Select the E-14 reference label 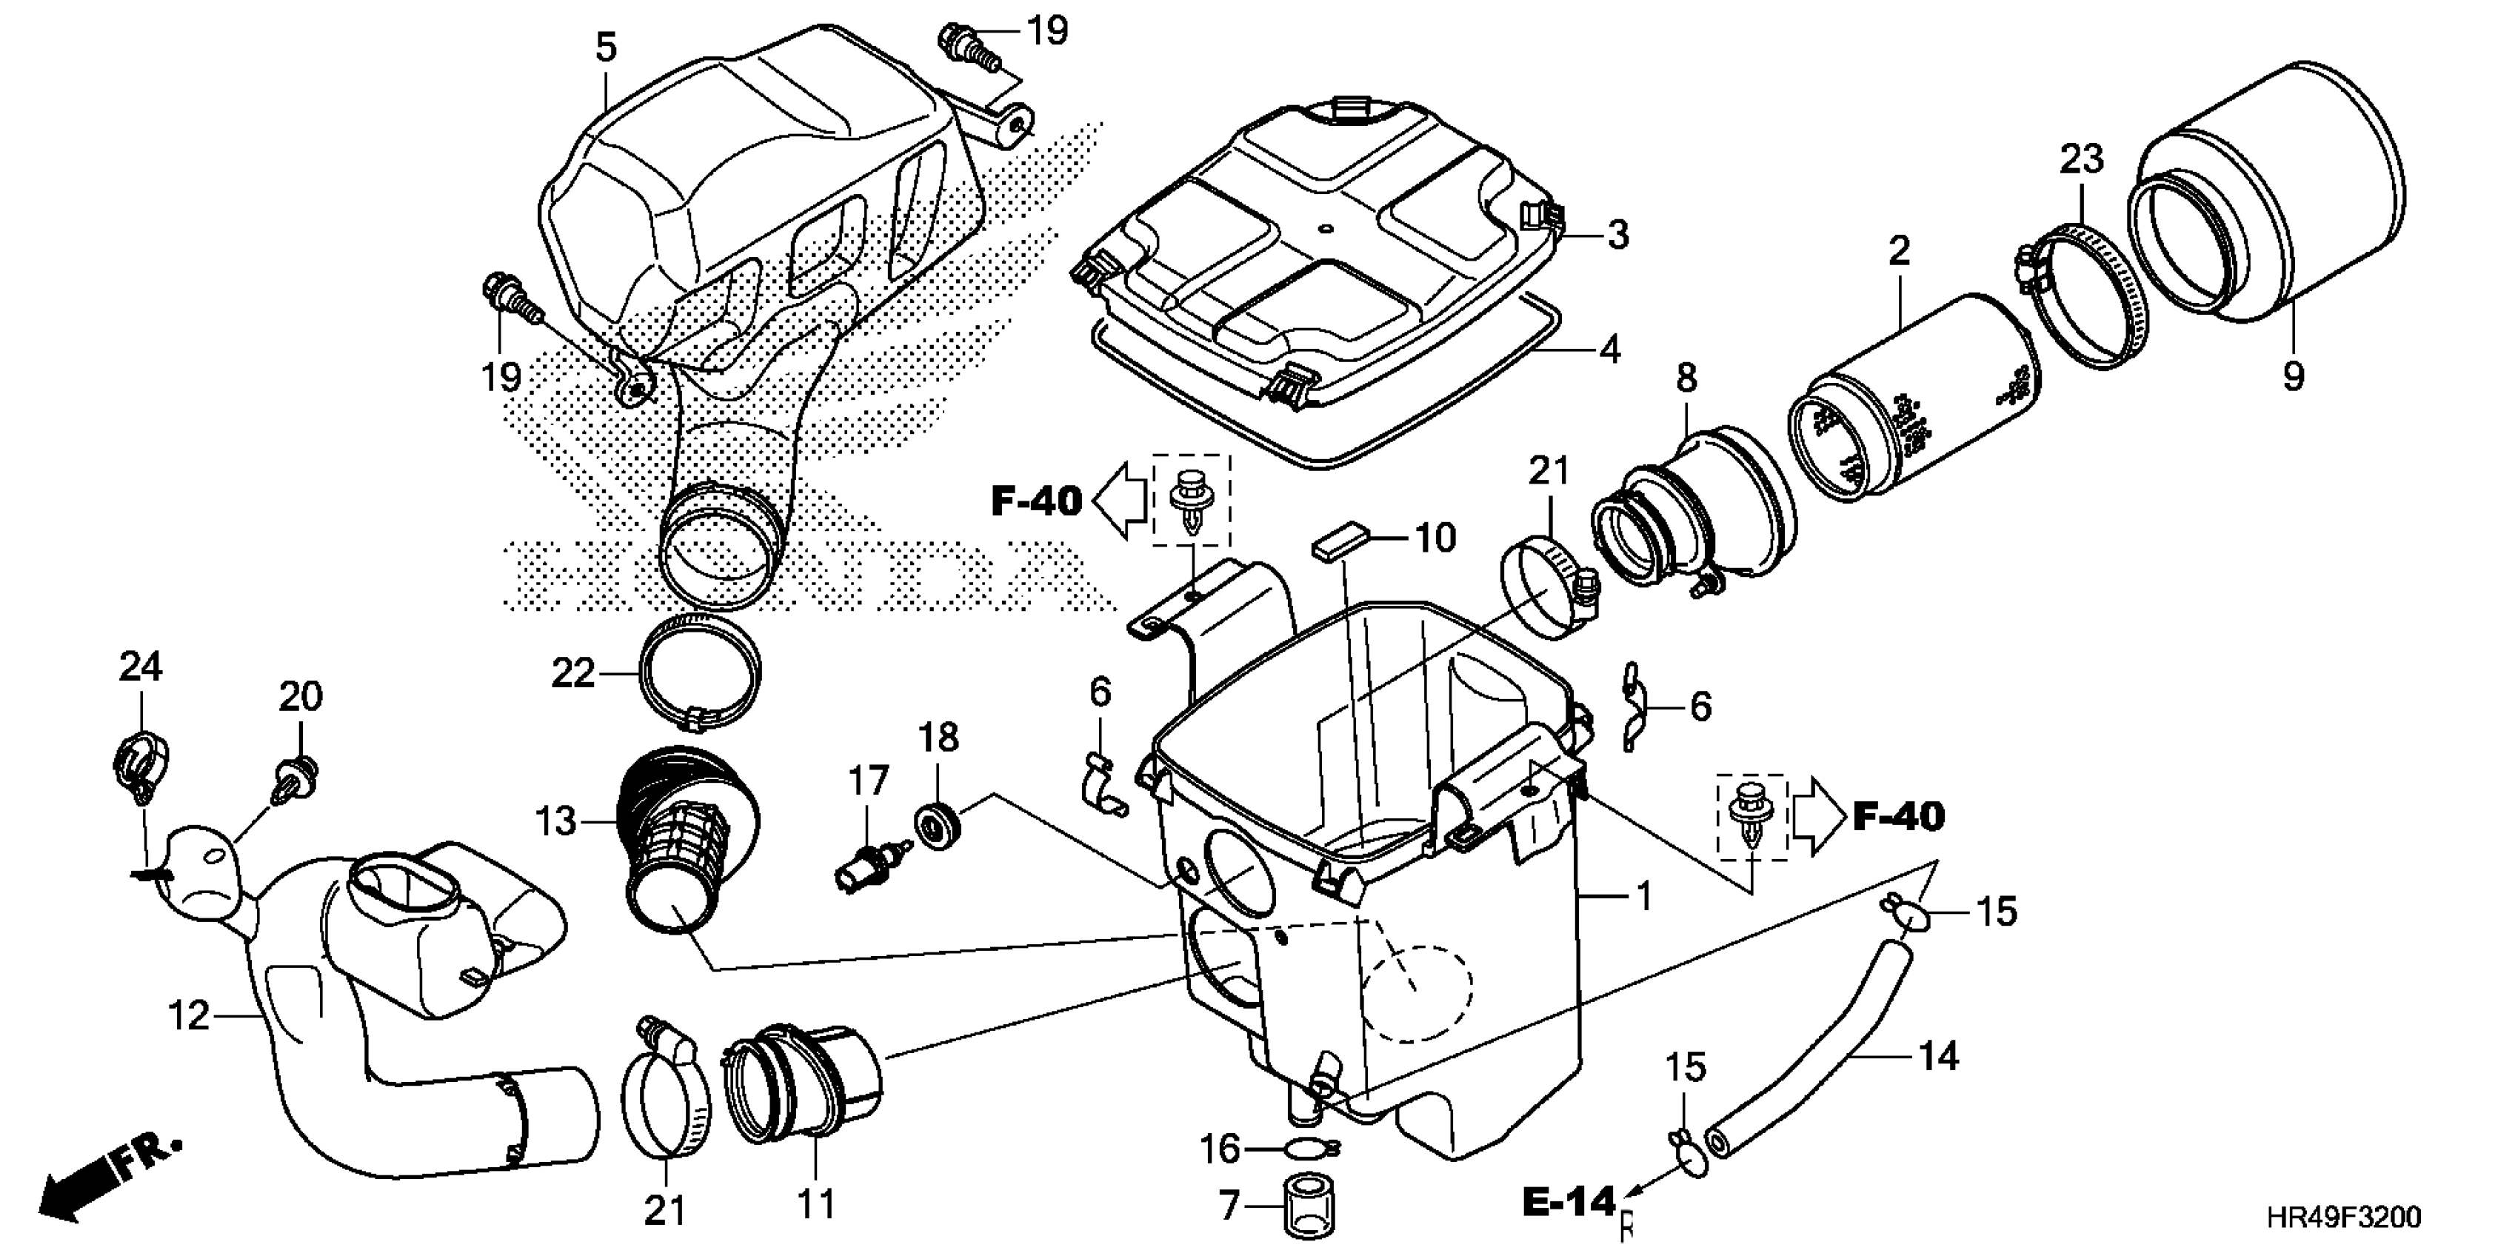[1568, 1202]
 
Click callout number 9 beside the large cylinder [2293, 375]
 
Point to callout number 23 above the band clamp [2082, 159]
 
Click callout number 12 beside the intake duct [189, 1017]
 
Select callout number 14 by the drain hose [1938, 1057]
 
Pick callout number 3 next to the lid [1617, 235]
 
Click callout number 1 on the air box [1644, 896]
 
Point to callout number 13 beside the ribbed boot [555, 821]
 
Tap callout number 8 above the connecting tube [1687, 378]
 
